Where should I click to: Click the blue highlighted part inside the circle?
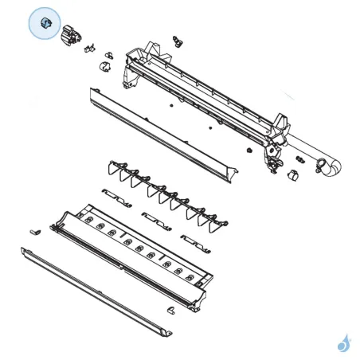pos(45,23)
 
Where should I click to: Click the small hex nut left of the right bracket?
pos(250,150)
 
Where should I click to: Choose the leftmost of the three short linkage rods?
pos(117,195)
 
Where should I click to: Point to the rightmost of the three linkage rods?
pos(195,241)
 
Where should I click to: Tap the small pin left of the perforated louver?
pos(35,229)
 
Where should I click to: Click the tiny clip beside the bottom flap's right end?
pos(169,307)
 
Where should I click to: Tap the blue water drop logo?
pos(343,342)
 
